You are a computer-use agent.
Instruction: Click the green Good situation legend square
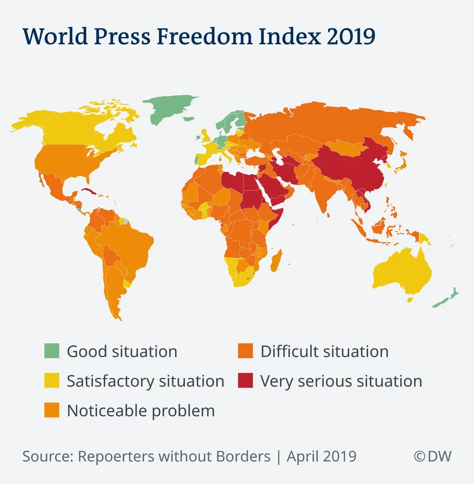click(x=52, y=351)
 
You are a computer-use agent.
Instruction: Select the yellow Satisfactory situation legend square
click(x=52, y=381)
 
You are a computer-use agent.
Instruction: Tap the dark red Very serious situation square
click(x=245, y=381)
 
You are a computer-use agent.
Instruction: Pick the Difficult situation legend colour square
click(x=245, y=351)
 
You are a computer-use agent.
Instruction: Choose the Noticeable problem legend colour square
click(x=52, y=410)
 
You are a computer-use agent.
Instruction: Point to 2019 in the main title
click(x=351, y=36)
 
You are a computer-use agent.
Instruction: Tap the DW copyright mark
click(x=432, y=456)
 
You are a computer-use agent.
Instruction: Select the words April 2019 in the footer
click(x=322, y=456)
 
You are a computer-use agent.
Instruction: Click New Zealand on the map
click(x=446, y=298)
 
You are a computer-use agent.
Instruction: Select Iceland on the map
click(x=188, y=119)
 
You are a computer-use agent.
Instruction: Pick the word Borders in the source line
click(x=243, y=456)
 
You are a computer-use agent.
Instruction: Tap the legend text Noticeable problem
click(x=141, y=411)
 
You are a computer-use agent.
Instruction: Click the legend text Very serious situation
click(x=341, y=381)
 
